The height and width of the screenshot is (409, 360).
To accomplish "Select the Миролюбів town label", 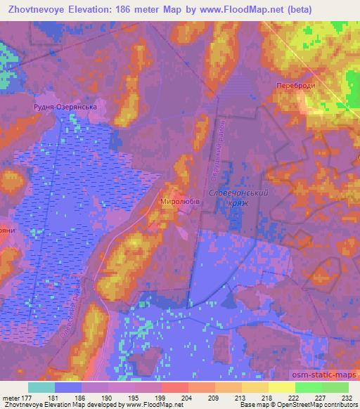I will pyautogui.click(x=182, y=200).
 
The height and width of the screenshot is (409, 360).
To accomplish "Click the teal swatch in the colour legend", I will pyautogui.click(x=41, y=387).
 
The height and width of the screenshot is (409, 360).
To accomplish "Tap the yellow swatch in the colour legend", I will pyautogui.click(x=281, y=387).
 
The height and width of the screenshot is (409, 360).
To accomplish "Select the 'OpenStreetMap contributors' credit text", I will pyautogui.click(x=321, y=405).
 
